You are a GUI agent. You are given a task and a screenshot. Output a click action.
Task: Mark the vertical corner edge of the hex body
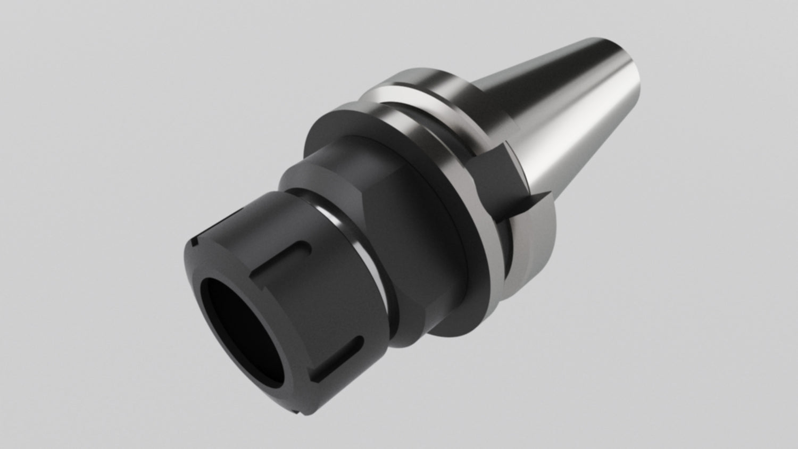[372, 213]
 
